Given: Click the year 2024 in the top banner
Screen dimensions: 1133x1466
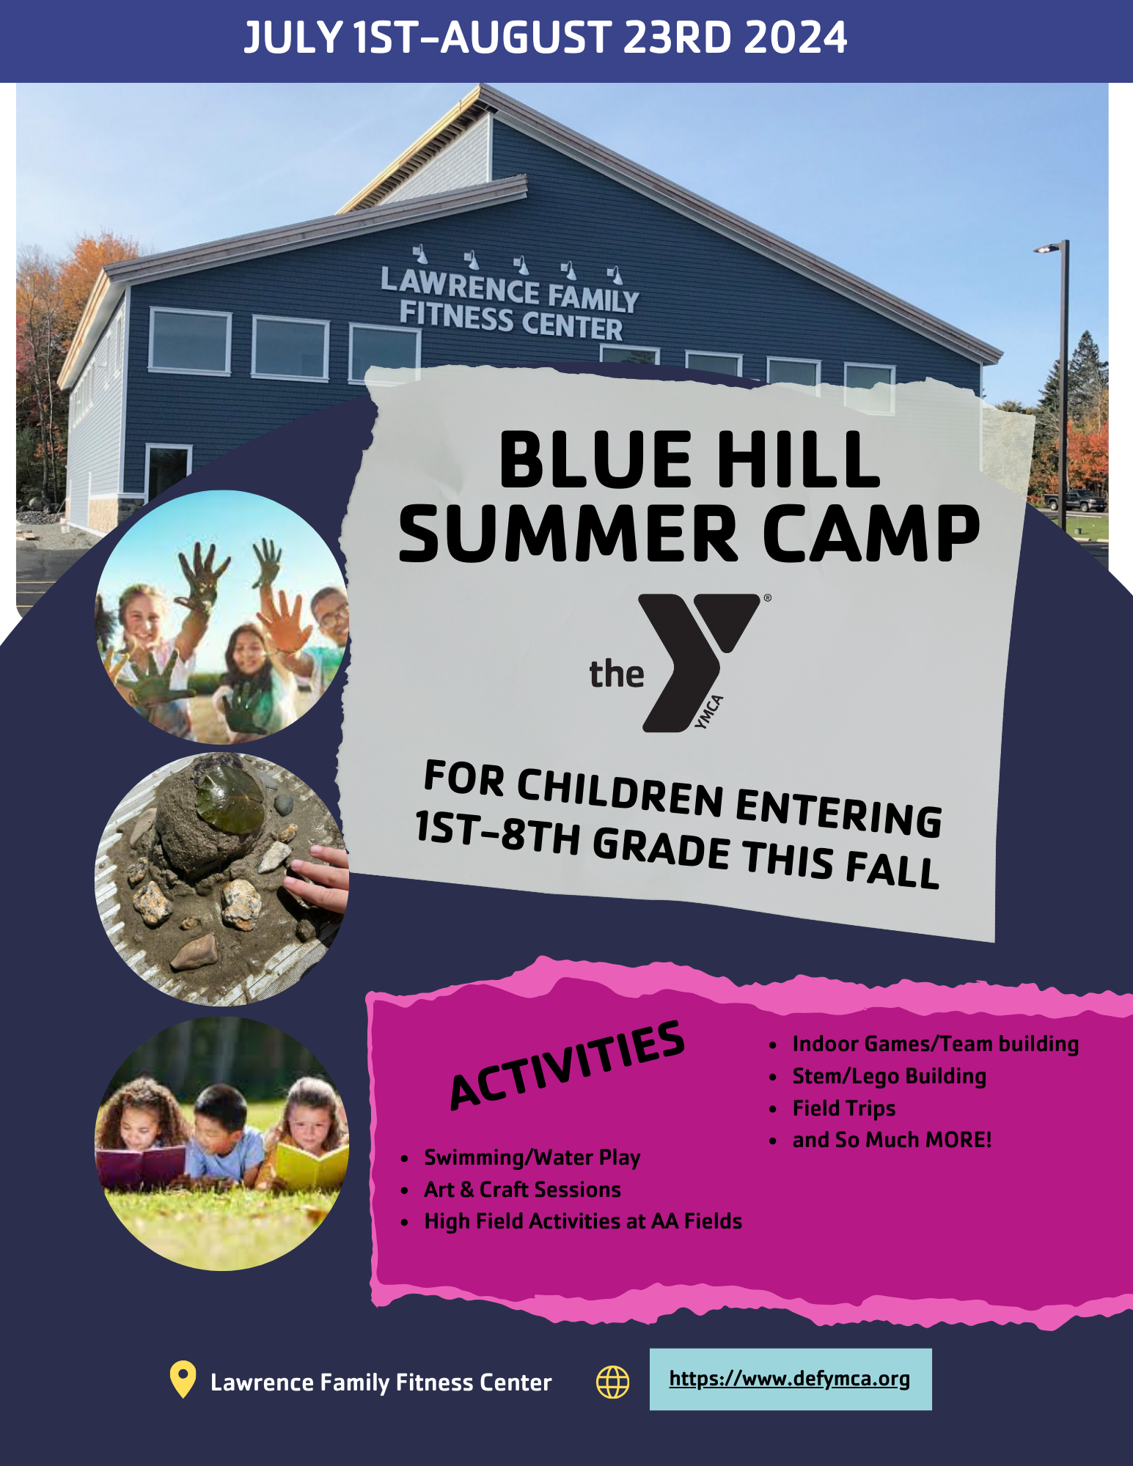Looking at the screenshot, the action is [x=795, y=38].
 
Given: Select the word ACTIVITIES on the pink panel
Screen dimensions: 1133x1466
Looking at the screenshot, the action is [x=568, y=1064].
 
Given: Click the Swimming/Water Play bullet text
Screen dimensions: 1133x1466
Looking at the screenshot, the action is [x=532, y=1157].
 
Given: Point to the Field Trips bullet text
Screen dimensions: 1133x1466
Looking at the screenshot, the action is [x=844, y=1108].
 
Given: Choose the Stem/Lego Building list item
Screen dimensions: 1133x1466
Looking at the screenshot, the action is [x=890, y=1076].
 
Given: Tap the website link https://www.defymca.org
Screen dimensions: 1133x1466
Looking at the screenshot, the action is [x=790, y=1379].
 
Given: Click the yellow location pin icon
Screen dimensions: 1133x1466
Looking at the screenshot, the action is [x=183, y=1379].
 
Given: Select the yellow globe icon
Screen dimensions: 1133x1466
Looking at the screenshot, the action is [x=612, y=1382].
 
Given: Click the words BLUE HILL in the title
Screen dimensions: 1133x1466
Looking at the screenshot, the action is [x=689, y=460].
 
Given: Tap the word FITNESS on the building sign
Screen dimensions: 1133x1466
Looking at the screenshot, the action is [x=456, y=316].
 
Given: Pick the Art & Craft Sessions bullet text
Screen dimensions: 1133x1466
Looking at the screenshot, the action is [x=522, y=1189].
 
